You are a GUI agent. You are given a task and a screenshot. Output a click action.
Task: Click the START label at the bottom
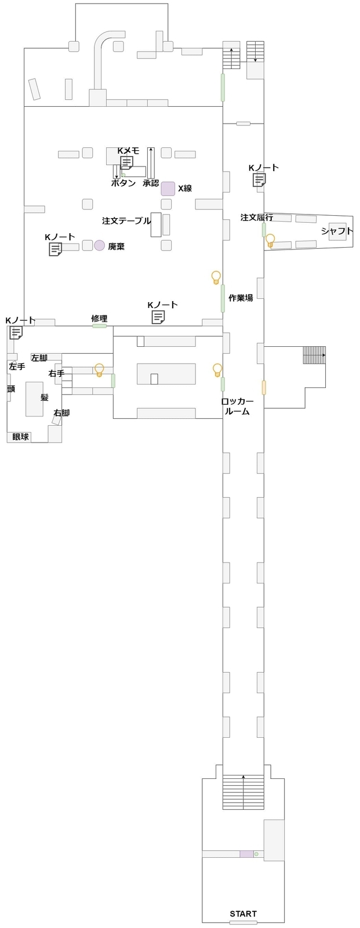click(x=243, y=913)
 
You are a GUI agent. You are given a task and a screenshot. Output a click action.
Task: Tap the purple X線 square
click(x=168, y=188)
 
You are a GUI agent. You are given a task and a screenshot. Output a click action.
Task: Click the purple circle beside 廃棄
click(x=100, y=245)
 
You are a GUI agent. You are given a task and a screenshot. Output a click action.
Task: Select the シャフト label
click(x=337, y=231)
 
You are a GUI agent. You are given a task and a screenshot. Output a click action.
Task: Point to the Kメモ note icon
click(x=126, y=162)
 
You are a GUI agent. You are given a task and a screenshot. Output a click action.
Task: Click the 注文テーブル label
click(x=126, y=221)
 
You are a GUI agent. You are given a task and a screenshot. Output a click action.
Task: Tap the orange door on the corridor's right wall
click(x=264, y=387)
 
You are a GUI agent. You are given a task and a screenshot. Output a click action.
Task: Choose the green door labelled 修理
click(x=100, y=326)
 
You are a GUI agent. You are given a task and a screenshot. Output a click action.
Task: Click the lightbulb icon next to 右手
click(x=99, y=369)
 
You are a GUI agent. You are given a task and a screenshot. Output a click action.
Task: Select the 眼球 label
click(x=20, y=436)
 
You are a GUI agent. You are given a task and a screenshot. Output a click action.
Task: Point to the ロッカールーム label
click(x=237, y=406)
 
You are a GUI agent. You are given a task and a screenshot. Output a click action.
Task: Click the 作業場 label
click(x=241, y=298)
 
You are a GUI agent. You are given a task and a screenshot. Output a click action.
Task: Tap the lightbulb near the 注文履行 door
click(x=270, y=240)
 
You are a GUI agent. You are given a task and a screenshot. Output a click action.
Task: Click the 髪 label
click(x=44, y=397)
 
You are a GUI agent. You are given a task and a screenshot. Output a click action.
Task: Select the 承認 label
click(x=151, y=183)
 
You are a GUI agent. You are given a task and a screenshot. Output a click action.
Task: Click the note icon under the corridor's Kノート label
click(x=259, y=180)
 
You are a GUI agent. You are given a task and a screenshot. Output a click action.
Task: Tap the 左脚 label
click(x=39, y=357)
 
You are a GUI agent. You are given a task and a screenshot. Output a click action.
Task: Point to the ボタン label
click(x=123, y=183)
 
